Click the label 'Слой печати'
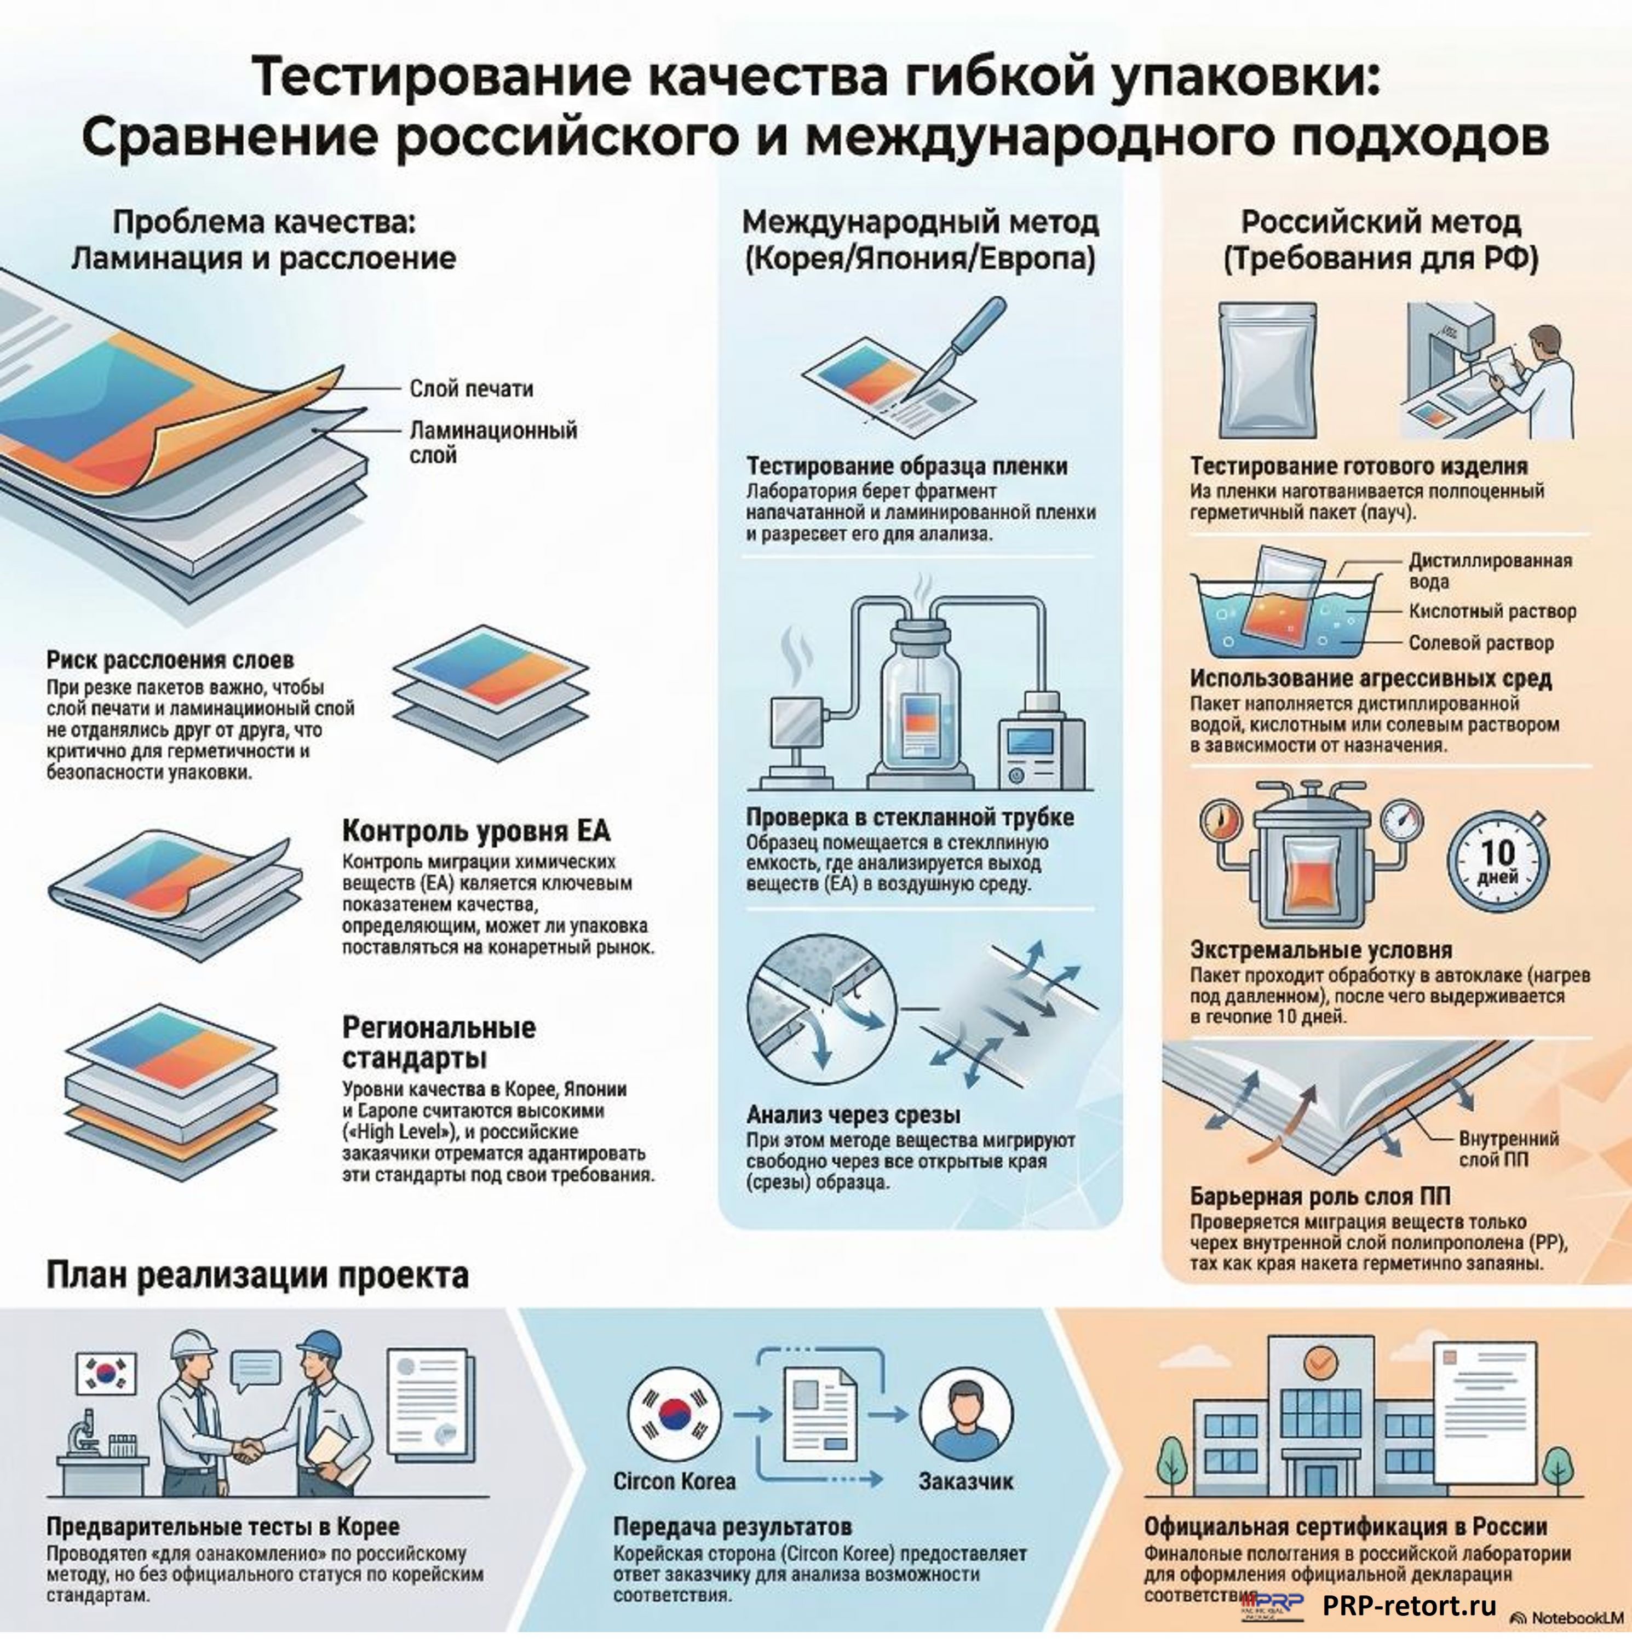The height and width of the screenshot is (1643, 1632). (471, 389)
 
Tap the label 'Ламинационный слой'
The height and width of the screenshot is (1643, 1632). (492, 441)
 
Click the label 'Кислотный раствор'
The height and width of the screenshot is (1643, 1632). (1492, 611)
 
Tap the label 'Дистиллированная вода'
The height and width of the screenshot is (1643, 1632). (1489, 571)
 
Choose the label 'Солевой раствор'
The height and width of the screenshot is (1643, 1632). (1481, 643)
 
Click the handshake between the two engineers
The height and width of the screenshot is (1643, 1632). (248, 1448)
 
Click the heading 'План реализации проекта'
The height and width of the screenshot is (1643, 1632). (257, 1276)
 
